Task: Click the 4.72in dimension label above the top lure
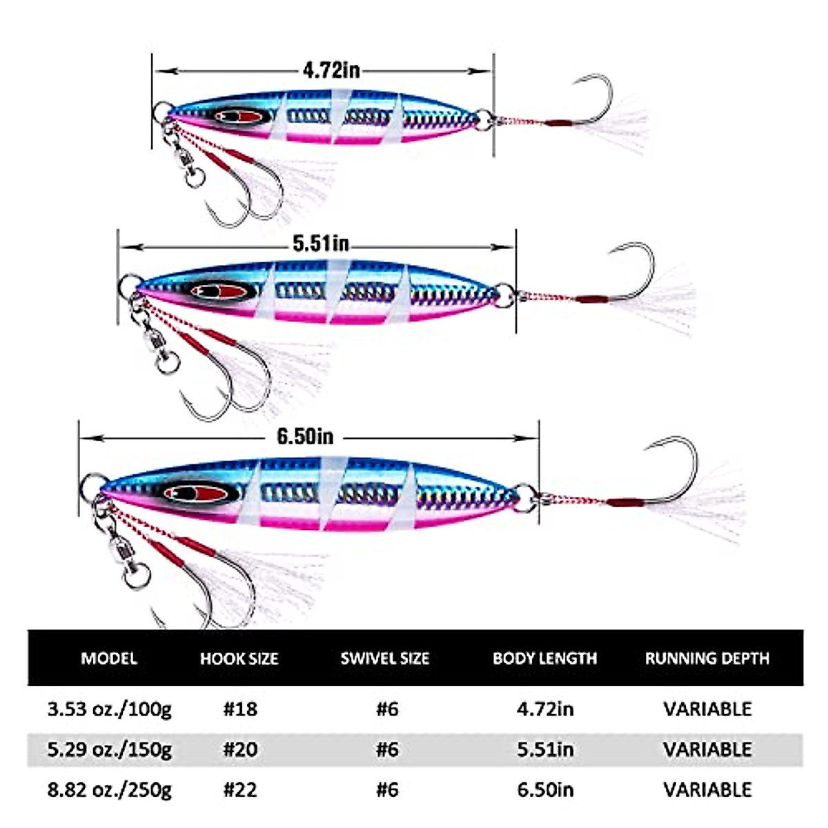pyautogui.click(x=331, y=70)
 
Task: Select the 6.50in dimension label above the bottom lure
pyautogui.click(x=305, y=436)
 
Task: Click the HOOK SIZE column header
pyautogui.click(x=239, y=658)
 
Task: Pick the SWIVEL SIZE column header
pyautogui.click(x=385, y=658)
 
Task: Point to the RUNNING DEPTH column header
pyautogui.click(x=707, y=658)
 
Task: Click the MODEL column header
pyautogui.click(x=109, y=658)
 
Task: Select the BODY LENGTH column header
pyautogui.click(x=544, y=658)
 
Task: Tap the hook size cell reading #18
pyautogui.click(x=240, y=709)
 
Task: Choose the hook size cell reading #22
pyautogui.click(x=240, y=789)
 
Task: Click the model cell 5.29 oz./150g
pyautogui.click(x=109, y=749)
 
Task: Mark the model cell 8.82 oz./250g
pyautogui.click(x=109, y=789)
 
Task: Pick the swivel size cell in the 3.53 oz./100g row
pyautogui.click(x=387, y=709)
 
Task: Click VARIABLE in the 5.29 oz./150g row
pyautogui.click(x=707, y=749)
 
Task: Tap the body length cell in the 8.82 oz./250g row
pyautogui.click(x=545, y=789)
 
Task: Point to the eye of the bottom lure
pyautogui.click(x=197, y=493)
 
